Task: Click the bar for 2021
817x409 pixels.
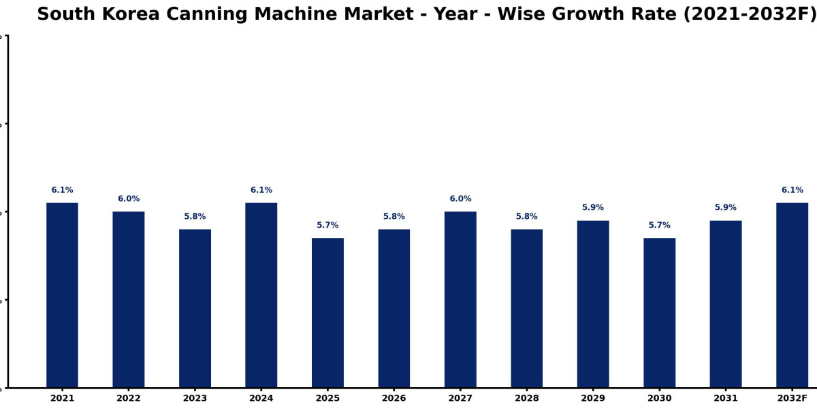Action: pyautogui.click(x=62, y=295)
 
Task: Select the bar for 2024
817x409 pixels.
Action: pyautogui.click(x=261, y=295)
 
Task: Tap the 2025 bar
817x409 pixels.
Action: pyautogui.click(x=327, y=313)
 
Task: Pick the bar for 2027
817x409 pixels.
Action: pyautogui.click(x=460, y=299)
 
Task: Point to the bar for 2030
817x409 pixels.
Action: pyautogui.click(x=660, y=313)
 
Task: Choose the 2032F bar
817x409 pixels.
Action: pyautogui.click(x=792, y=295)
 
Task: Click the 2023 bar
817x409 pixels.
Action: pyautogui.click(x=195, y=308)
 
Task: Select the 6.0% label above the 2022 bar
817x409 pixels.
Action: pyautogui.click(x=129, y=198)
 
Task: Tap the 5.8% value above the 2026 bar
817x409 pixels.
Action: pyautogui.click(x=394, y=216)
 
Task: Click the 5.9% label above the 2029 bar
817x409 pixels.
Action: pyautogui.click(x=593, y=207)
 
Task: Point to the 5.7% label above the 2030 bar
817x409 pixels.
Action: pyautogui.click(x=660, y=225)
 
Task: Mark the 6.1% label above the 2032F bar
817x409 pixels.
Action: pyautogui.click(x=792, y=190)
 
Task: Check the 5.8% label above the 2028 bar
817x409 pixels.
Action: pyautogui.click(x=527, y=216)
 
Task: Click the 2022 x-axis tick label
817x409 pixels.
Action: pyautogui.click(x=129, y=398)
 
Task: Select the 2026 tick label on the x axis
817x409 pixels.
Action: pyautogui.click(x=394, y=398)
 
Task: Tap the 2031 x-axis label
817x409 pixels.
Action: pyautogui.click(x=726, y=398)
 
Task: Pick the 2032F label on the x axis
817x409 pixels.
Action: pyautogui.click(x=792, y=398)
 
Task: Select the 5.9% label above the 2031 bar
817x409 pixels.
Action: pyautogui.click(x=726, y=207)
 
